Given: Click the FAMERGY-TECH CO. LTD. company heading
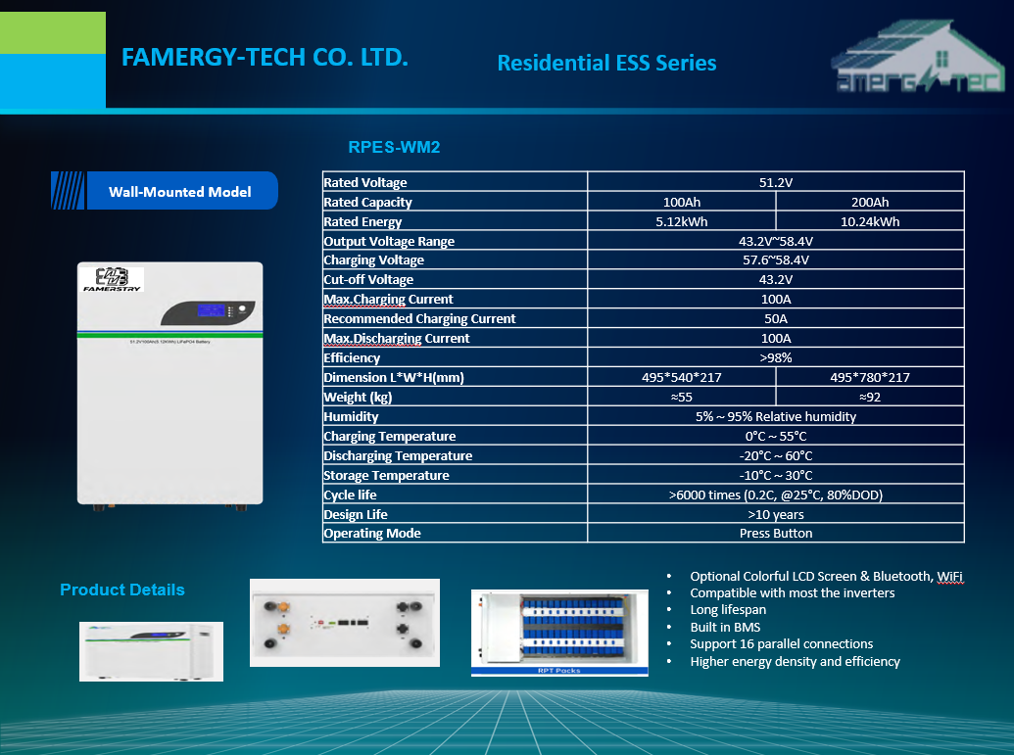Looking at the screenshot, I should [x=265, y=57].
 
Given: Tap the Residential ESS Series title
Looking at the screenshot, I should [x=606, y=63].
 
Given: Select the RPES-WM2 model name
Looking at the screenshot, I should [x=394, y=148].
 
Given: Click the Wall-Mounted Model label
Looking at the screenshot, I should [x=179, y=192].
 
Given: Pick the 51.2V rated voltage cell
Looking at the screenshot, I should [x=775, y=182].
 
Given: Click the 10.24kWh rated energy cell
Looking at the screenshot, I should [x=869, y=221].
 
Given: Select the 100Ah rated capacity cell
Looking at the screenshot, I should [x=681, y=202].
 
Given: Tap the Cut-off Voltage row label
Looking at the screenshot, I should [x=368, y=279].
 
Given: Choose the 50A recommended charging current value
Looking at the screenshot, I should [x=775, y=318].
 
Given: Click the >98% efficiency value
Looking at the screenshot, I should [x=775, y=357].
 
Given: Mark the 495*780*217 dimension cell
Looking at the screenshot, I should [x=869, y=377].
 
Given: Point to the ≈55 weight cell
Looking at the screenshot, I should [x=681, y=397].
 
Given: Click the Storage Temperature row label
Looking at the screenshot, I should [x=386, y=475].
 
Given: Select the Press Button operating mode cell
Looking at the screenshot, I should [x=775, y=534].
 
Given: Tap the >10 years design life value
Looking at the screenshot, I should [x=775, y=514].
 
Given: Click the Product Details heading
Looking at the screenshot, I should [x=121, y=590].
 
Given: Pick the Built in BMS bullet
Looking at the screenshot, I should [x=725, y=627].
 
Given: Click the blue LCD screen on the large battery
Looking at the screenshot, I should [x=209, y=310].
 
